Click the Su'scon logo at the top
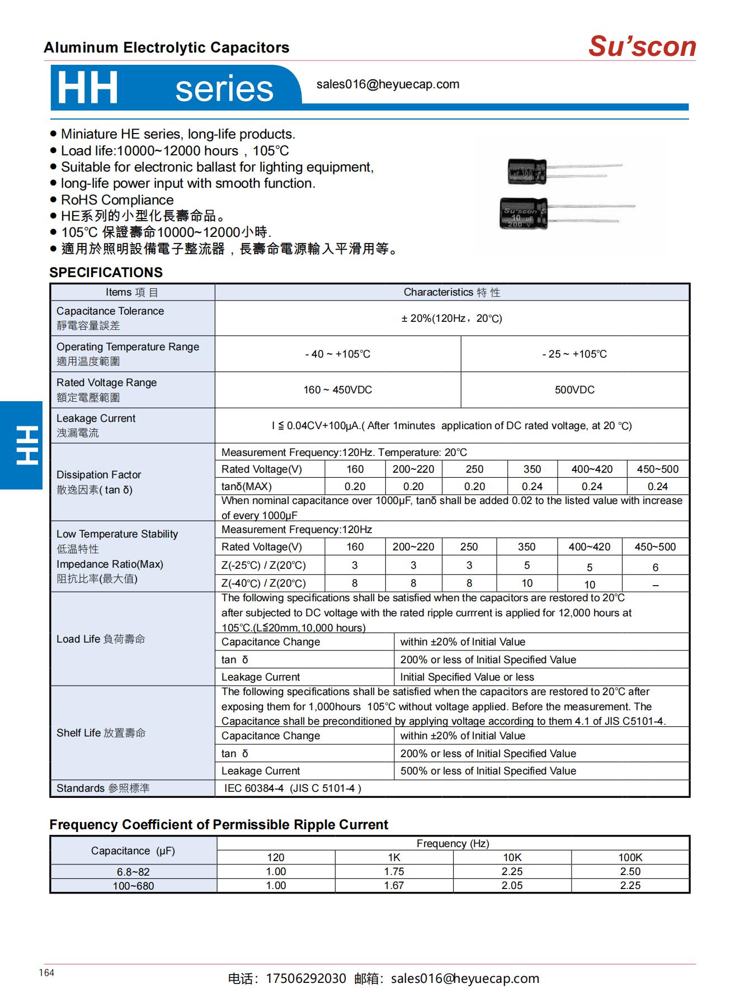[642, 46]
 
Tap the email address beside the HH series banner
[388, 84]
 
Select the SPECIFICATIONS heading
[106, 273]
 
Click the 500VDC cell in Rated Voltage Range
[574, 390]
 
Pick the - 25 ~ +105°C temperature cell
[574, 354]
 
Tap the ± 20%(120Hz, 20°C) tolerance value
[451, 319]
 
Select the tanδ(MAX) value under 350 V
[532, 487]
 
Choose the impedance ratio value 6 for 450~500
[655, 568]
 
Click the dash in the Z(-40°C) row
[655, 585]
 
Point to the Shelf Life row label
[101, 733]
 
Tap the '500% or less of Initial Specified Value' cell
[488, 771]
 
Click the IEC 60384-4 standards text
[293, 788]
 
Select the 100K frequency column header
[630, 858]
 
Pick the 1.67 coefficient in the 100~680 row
[394, 886]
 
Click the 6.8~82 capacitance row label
[133, 872]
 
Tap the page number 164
[46, 973]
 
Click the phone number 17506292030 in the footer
[305, 979]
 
